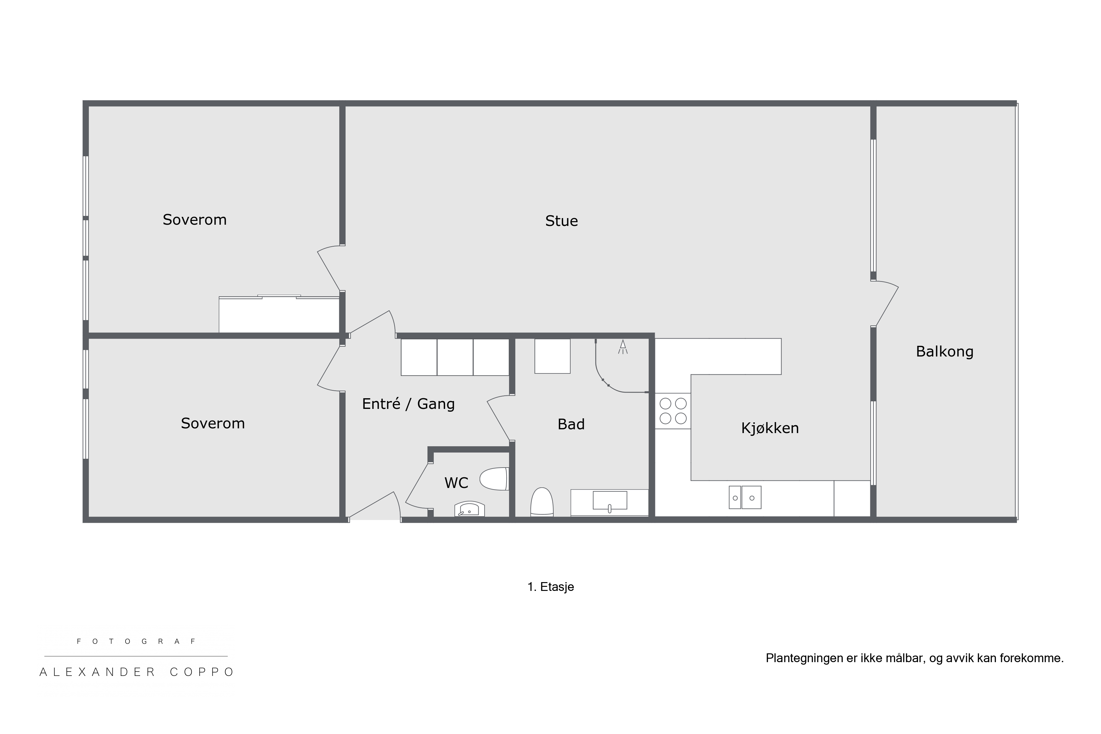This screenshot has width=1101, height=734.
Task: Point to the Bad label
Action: (571, 424)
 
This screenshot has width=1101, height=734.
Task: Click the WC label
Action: (456, 483)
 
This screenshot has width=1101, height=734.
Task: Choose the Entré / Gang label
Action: (408, 404)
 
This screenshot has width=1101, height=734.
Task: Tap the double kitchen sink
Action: (745, 497)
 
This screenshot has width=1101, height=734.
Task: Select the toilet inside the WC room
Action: (494, 479)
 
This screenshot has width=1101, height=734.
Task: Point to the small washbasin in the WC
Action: (470, 509)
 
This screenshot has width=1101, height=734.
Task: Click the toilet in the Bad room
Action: (542, 502)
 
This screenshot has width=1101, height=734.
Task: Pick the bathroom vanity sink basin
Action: (610, 501)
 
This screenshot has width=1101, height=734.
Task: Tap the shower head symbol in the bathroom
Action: (623, 346)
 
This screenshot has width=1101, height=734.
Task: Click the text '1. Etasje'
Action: (550, 587)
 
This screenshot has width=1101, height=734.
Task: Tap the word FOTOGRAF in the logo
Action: (136, 642)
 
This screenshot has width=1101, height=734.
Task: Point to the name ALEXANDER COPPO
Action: (137, 672)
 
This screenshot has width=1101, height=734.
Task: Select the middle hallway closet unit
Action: (455, 357)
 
